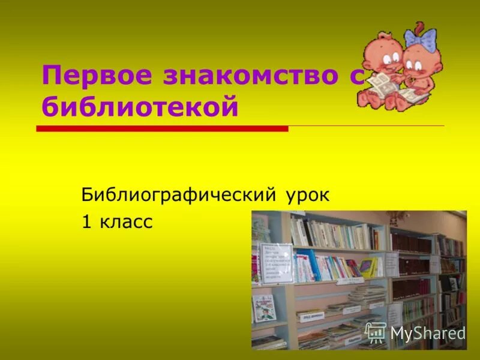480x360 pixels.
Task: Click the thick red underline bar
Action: point(162,128)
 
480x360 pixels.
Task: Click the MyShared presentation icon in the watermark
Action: point(376,332)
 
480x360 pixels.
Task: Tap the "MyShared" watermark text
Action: point(427,332)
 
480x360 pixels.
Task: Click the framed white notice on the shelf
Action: point(276,263)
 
